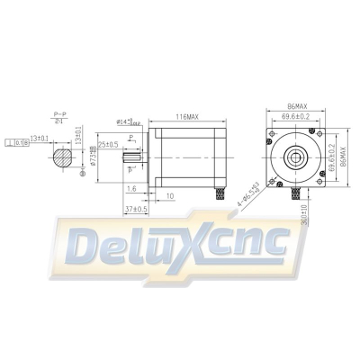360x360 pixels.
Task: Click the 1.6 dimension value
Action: (131, 189)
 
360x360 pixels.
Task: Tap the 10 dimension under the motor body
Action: (170, 193)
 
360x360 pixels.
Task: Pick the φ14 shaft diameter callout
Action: (130, 122)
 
